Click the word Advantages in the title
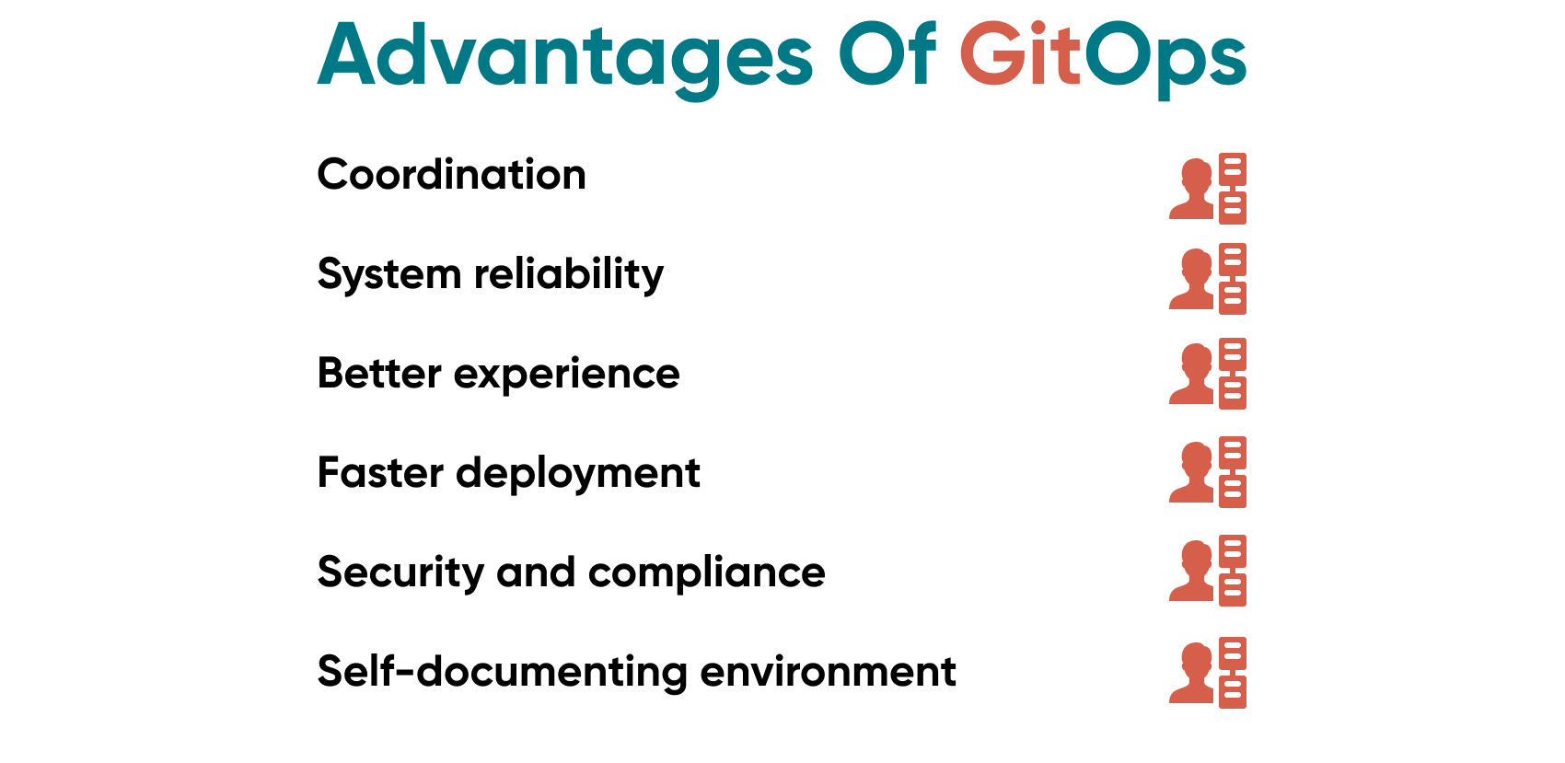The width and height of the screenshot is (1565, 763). point(564,57)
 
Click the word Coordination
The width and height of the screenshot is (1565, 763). point(451,175)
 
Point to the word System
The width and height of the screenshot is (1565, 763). point(388,275)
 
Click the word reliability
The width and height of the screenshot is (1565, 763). point(569,274)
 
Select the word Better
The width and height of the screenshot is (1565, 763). point(379,374)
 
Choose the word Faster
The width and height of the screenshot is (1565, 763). point(380,473)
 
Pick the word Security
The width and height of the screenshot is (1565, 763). point(400,573)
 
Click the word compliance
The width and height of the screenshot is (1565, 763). point(707,573)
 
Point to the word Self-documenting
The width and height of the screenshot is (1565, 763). point(502,673)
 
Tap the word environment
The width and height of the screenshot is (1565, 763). point(828,672)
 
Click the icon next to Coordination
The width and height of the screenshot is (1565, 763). point(1208,189)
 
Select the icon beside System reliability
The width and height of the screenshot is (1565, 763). point(1208,279)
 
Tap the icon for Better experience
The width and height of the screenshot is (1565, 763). point(1208,374)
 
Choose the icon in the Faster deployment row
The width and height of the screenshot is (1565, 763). point(1208,472)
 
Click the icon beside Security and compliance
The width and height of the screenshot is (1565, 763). point(1208,571)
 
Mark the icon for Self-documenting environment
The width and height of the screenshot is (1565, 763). point(1208,673)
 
